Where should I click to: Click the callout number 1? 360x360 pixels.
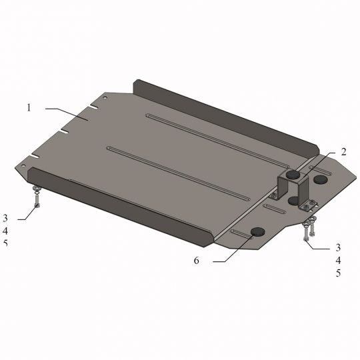tap(29, 107)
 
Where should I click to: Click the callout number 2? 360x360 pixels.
tap(343, 152)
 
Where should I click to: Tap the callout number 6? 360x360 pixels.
tap(196, 261)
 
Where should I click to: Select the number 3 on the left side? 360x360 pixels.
tap(5, 218)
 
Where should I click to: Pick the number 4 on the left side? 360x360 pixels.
tap(5, 231)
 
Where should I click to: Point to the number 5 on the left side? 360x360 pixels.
tap(5, 243)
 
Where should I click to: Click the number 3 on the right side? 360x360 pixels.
tap(338, 247)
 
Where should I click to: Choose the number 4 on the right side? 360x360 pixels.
tap(338, 260)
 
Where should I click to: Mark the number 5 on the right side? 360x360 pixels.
tap(338, 273)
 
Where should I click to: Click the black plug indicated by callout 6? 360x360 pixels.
tap(257, 232)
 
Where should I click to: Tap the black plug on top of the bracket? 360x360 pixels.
tap(293, 175)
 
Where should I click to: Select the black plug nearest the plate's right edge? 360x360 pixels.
tap(321, 179)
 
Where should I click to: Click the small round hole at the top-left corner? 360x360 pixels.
tap(105, 96)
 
